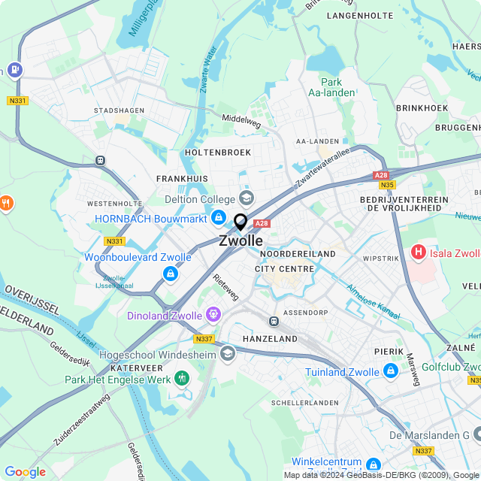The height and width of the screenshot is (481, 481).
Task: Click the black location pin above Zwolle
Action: point(240,222)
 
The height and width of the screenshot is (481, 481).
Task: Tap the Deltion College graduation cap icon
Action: point(246,198)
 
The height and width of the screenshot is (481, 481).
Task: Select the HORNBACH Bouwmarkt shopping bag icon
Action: point(218,218)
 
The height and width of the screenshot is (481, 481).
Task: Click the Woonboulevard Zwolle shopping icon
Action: point(170,274)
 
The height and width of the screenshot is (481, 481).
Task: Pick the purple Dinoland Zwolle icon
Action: point(214,314)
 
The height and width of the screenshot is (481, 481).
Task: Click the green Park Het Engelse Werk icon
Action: point(180,377)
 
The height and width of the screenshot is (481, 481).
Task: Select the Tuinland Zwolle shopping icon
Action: point(390,371)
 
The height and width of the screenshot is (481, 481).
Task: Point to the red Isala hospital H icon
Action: point(419,252)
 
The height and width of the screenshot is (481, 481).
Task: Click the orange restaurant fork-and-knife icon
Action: point(6,203)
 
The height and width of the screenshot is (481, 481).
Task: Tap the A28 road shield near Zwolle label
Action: point(262,223)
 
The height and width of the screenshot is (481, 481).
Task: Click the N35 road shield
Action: point(387,185)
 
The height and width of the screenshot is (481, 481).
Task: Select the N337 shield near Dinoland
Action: point(204,338)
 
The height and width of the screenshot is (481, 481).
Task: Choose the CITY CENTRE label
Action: point(284,268)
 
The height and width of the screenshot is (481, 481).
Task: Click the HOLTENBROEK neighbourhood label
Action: point(217,153)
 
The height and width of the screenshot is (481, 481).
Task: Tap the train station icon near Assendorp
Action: point(274,321)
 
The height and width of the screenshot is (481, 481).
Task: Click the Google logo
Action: point(25,472)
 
